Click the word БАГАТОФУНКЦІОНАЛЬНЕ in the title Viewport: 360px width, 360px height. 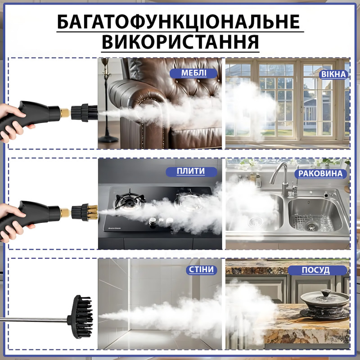(178, 22)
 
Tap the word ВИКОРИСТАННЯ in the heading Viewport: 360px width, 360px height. (180, 42)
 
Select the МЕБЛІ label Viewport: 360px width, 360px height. (193, 73)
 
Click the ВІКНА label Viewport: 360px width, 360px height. (333, 74)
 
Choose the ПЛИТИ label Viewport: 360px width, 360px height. (191, 172)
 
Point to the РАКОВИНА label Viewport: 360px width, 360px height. (320, 174)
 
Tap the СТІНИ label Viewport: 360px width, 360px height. (201, 270)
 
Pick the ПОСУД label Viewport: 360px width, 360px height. (317, 270)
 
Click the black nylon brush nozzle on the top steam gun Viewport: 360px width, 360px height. (84, 113)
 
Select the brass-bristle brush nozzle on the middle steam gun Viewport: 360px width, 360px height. (85, 212)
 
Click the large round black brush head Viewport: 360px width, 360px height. (81, 317)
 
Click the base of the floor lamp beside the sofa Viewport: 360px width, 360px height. (108, 139)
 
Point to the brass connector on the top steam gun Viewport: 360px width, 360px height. (65, 113)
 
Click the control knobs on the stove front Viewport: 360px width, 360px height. (161, 221)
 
